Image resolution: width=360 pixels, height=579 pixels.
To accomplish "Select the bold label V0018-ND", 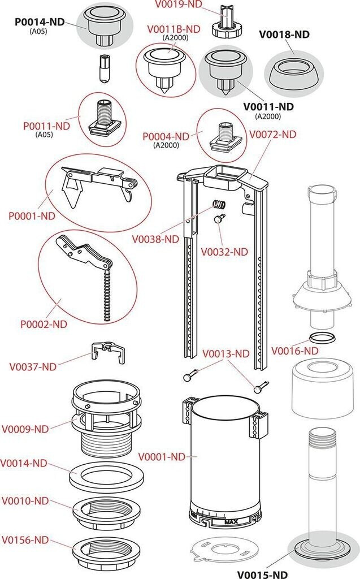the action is tap(284, 34).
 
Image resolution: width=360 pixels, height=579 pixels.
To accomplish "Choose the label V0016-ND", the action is tap(294, 351).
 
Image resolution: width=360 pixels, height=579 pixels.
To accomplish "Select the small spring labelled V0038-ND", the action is tap(219, 205).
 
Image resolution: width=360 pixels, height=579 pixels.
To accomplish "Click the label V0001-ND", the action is tap(162, 456).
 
